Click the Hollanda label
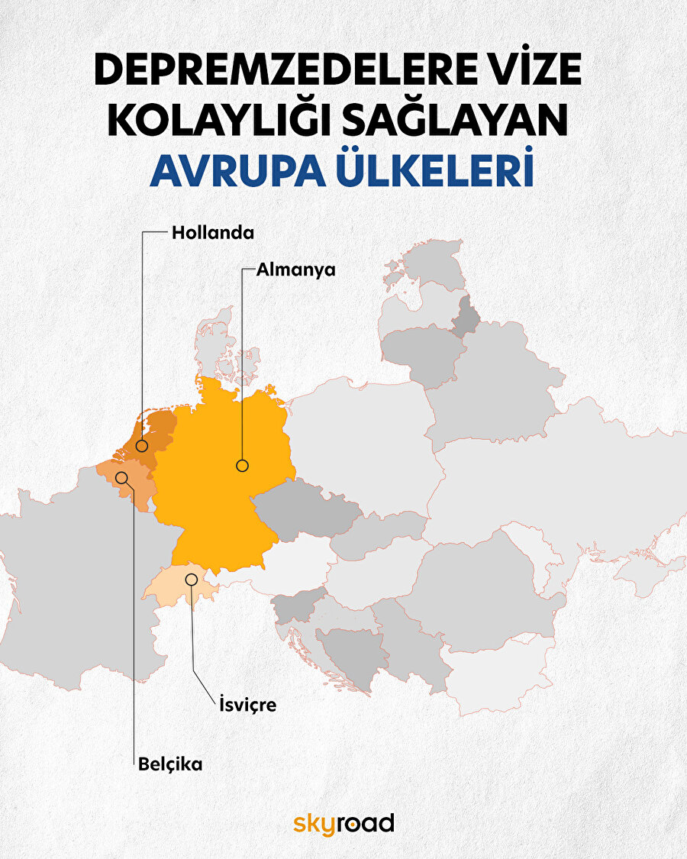tap(212, 232)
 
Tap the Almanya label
tap(296, 270)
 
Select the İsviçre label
tap(243, 705)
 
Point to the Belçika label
tap(170, 764)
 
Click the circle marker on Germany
tap(242, 465)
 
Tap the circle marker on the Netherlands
tap(142, 446)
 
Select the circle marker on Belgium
tap(121, 477)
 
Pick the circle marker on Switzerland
tap(192, 580)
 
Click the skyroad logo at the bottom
tap(343, 823)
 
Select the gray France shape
tap(69, 580)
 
